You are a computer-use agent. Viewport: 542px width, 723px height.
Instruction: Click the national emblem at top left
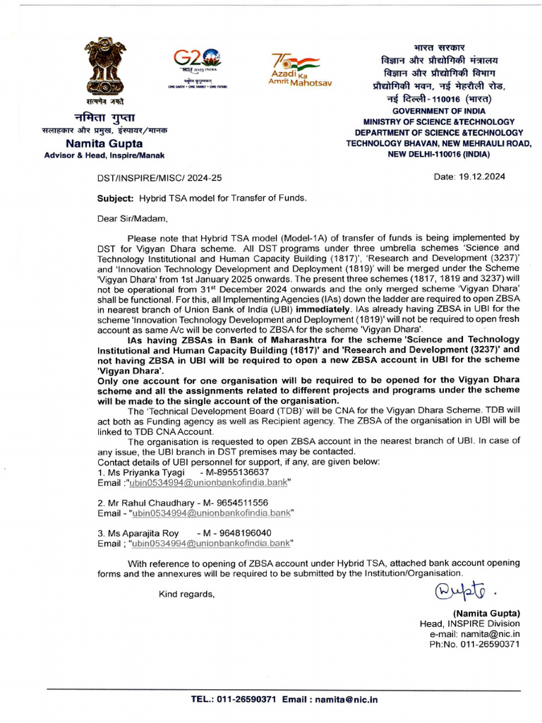pyautogui.click(x=105, y=71)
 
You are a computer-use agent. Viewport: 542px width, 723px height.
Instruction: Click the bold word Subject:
pyautogui.click(x=115, y=198)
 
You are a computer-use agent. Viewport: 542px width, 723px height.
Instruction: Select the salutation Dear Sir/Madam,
pyautogui.click(x=133, y=218)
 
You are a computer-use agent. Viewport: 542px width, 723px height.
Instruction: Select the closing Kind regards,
pyautogui.click(x=186, y=594)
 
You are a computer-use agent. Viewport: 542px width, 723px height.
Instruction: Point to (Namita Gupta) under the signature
pyautogui.click(x=486, y=613)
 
